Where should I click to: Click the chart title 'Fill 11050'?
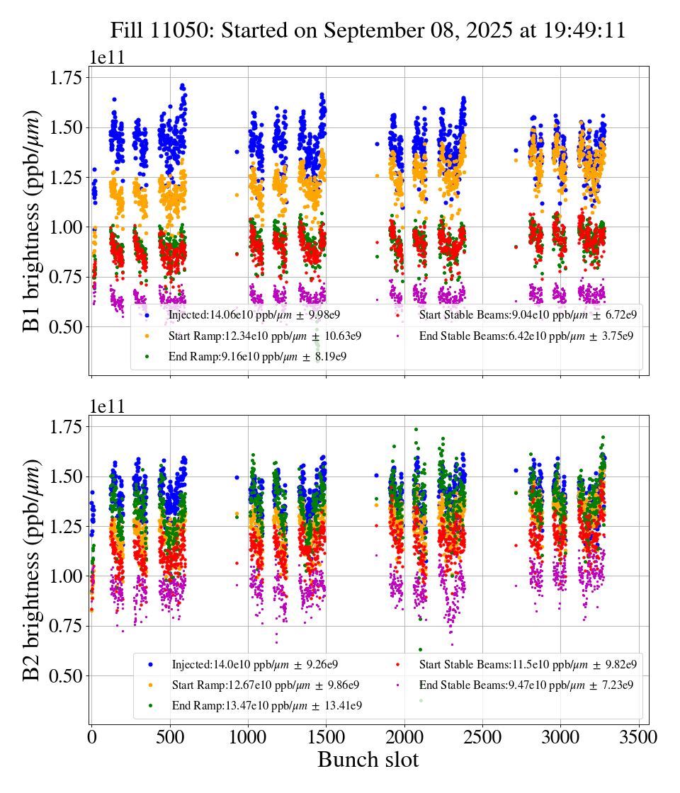[x=368, y=31]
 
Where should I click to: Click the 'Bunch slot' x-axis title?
[x=368, y=760]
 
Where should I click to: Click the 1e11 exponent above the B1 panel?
[x=107, y=58]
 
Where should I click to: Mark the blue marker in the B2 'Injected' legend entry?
[x=150, y=665]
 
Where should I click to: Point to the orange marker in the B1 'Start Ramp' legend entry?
[x=147, y=336]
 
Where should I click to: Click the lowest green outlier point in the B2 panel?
[x=421, y=700]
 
